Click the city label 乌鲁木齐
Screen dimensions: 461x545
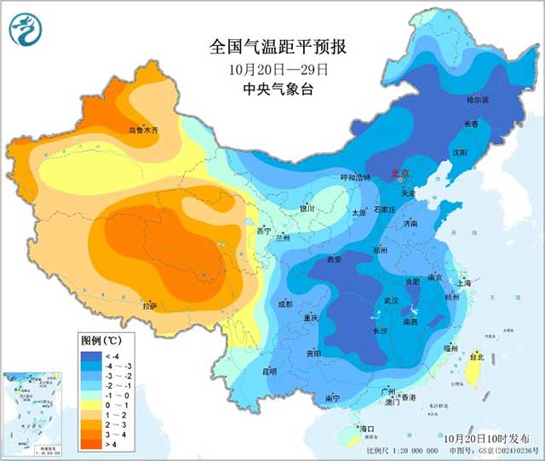point(143,130)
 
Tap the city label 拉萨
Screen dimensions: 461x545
point(150,304)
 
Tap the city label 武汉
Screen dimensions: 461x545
point(391,301)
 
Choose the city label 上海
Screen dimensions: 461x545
point(463,282)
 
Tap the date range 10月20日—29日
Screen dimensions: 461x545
point(272,68)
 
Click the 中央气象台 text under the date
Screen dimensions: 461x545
point(272,89)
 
